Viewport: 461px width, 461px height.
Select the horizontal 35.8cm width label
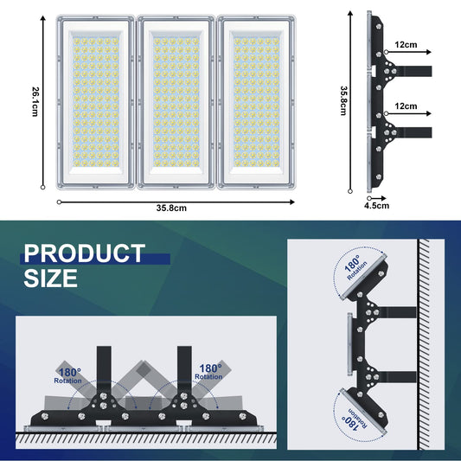point(171,208)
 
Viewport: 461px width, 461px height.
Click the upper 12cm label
point(406,43)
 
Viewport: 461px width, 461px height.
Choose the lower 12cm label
point(406,105)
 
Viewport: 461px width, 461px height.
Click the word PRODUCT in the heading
point(84,253)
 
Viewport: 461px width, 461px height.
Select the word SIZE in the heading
point(50,279)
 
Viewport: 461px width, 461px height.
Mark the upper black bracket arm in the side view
point(413,71)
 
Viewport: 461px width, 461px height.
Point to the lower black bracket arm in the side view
point(413,132)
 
